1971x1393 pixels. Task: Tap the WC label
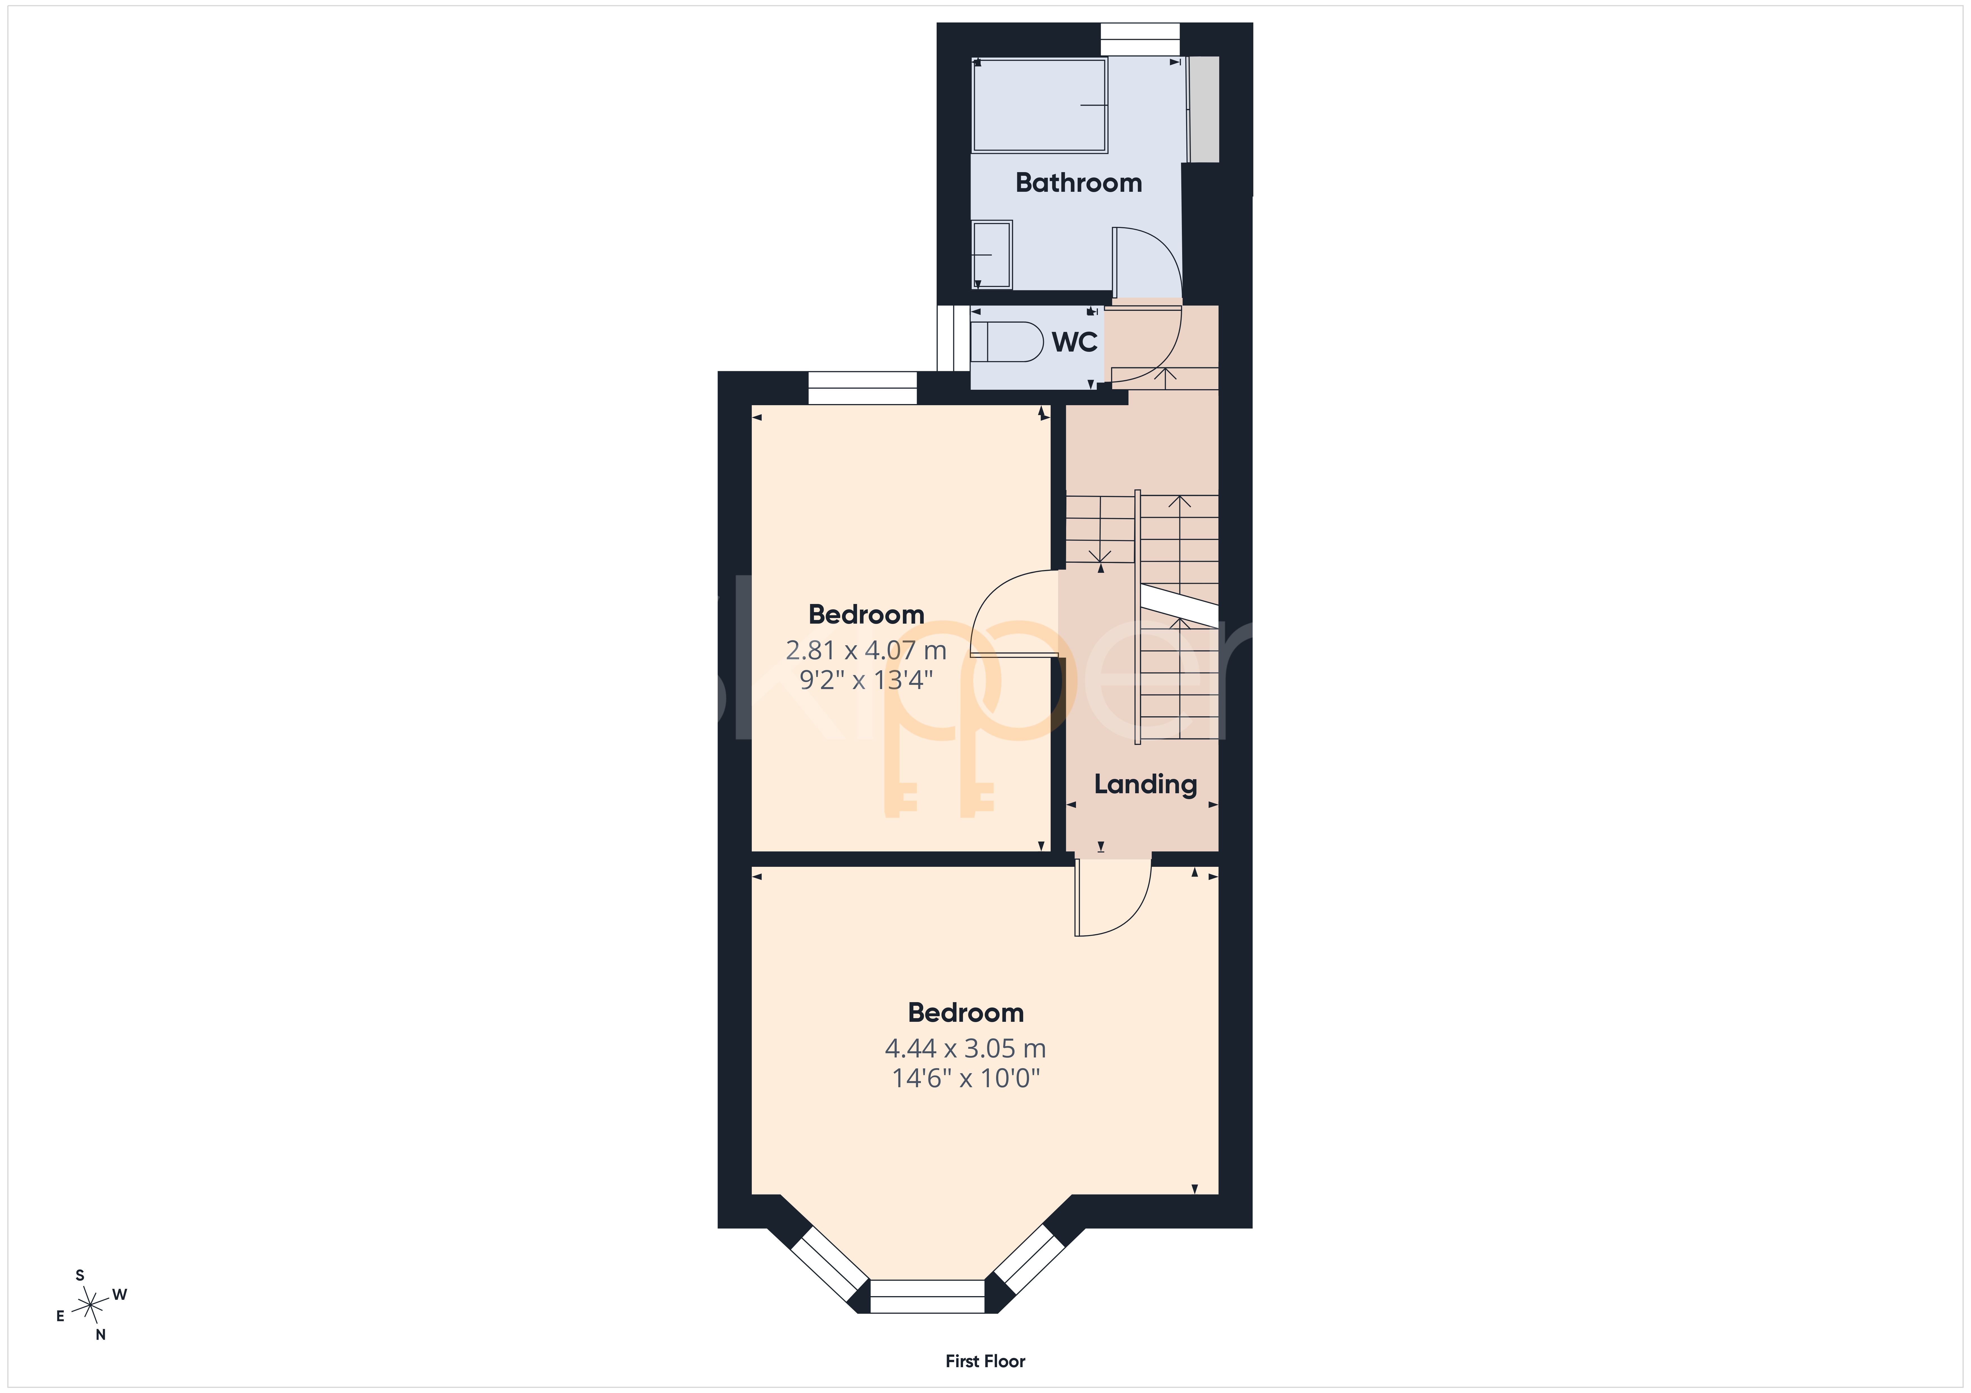1075,343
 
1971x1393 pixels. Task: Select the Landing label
1145,785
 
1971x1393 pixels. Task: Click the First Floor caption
985,1361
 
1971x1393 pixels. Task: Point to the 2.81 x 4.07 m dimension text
866,651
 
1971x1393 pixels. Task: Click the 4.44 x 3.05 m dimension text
966,1049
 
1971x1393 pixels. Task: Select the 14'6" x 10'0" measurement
966,1078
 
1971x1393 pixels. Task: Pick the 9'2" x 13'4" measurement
866,680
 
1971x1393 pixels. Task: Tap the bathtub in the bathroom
1040,106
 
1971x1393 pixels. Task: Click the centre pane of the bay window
927,1296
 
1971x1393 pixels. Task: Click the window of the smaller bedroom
863,388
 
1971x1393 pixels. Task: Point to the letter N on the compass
101,1335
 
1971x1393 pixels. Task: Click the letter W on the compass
120,1294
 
